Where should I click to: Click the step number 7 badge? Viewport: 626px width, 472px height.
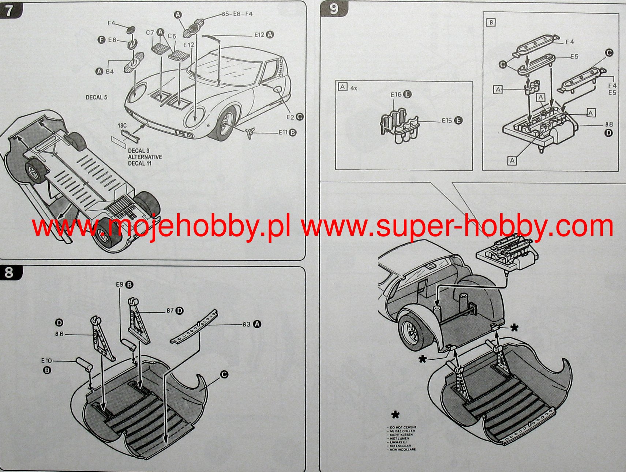9,10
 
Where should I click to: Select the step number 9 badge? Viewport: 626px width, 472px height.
333,9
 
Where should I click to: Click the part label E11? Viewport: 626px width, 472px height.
283,132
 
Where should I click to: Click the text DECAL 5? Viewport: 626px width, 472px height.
96,97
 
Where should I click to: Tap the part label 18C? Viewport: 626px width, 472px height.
122,125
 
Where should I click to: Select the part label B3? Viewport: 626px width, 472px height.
247,324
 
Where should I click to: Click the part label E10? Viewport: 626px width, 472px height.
46,361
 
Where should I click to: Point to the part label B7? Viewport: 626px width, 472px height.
170,311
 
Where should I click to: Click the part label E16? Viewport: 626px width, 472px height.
396,95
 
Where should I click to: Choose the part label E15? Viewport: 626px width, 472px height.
447,120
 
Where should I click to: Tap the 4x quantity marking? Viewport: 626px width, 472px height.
354,88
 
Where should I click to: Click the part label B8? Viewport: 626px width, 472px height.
609,124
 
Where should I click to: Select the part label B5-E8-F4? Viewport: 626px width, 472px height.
237,14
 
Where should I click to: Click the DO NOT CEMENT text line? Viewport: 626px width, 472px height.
403,427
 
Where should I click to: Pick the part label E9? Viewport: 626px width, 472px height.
120,284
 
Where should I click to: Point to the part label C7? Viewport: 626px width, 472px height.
150,33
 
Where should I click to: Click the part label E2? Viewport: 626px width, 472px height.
290,117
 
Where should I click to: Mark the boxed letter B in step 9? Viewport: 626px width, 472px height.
491,23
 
